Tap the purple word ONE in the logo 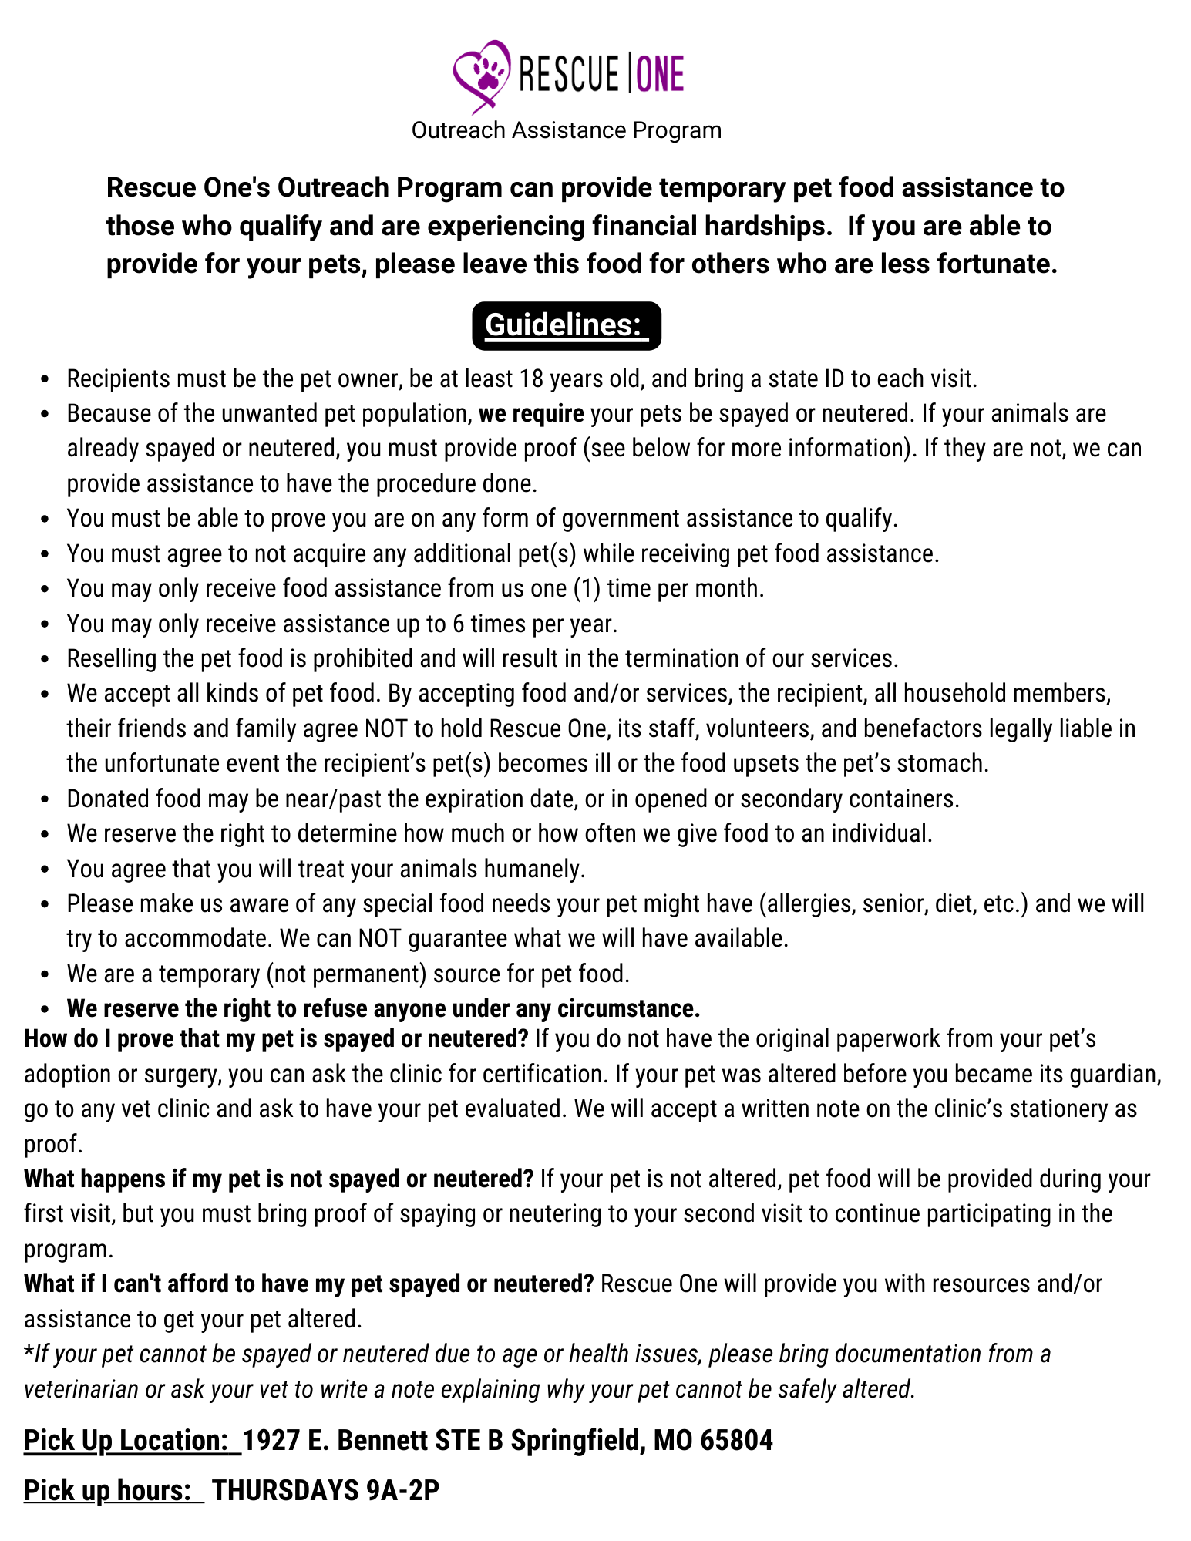(x=661, y=75)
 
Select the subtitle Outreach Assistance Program (x=567, y=130)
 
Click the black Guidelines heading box (x=567, y=325)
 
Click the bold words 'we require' (x=531, y=414)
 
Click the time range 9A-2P (x=403, y=1491)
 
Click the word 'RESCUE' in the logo (x=569, y=75)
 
